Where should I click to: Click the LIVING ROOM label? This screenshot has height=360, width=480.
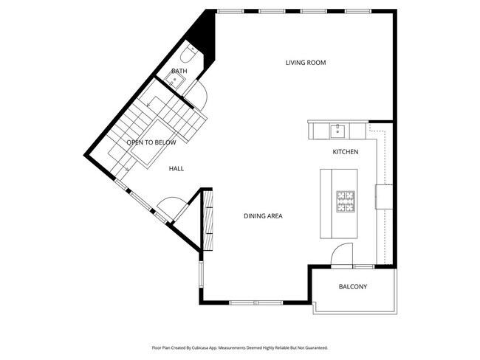[x=306, y=63]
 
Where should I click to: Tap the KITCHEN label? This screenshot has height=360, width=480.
[x=345, y=152]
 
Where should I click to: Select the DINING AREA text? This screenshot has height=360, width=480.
[x=264, y=216]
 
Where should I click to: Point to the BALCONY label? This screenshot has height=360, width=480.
[x=353, y=287]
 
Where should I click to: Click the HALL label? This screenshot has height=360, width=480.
[x=176, y=169]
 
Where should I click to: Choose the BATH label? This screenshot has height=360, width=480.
[x=179, y=72]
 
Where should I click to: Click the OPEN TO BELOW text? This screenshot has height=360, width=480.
[x=151, y=142]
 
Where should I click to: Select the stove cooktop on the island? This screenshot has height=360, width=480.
[x=346, y=201]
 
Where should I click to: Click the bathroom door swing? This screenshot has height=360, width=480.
[x=196, y=92]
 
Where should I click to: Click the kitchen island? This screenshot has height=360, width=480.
[x=338, y=203]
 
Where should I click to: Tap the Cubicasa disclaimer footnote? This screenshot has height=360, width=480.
[x=239, y=347]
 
